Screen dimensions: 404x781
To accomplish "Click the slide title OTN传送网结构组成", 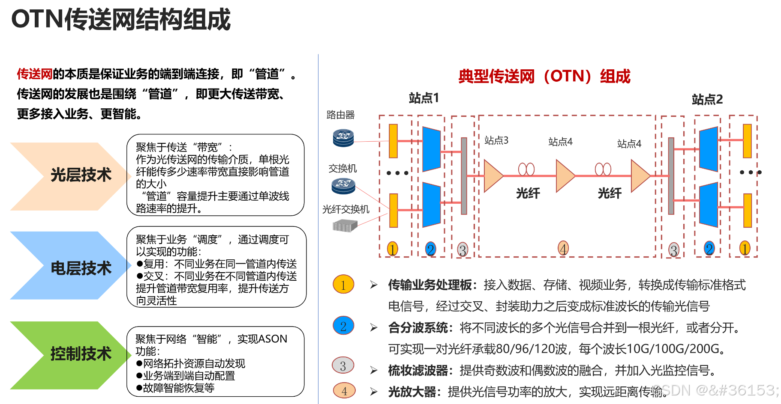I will (120, 20).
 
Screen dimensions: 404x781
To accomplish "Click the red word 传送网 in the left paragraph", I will (34, 74).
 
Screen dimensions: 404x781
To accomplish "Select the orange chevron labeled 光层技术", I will (69, 176).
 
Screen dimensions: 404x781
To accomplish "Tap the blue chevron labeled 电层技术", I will (69, 267).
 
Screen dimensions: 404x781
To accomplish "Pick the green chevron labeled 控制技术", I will (69, 354).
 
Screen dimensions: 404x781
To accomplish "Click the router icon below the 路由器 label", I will (343, 138).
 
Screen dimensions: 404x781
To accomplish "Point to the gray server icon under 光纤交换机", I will (345, 226).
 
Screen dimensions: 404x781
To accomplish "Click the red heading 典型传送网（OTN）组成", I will (544, 76).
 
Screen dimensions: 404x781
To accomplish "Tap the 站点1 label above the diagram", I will (424, 98).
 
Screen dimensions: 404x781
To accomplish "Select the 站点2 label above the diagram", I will (707, 99).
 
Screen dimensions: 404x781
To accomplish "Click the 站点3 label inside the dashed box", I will (496, 140).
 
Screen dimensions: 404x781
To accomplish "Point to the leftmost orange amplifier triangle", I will (493, 175).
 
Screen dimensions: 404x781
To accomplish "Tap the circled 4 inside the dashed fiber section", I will (563, 248).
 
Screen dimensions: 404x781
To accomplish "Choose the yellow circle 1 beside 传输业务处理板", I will (343, 285).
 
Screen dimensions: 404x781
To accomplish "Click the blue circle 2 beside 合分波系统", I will (343, 326).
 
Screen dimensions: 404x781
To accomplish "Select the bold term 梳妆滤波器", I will (418, 370).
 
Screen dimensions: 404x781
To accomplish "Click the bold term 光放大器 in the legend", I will (412, 392).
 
